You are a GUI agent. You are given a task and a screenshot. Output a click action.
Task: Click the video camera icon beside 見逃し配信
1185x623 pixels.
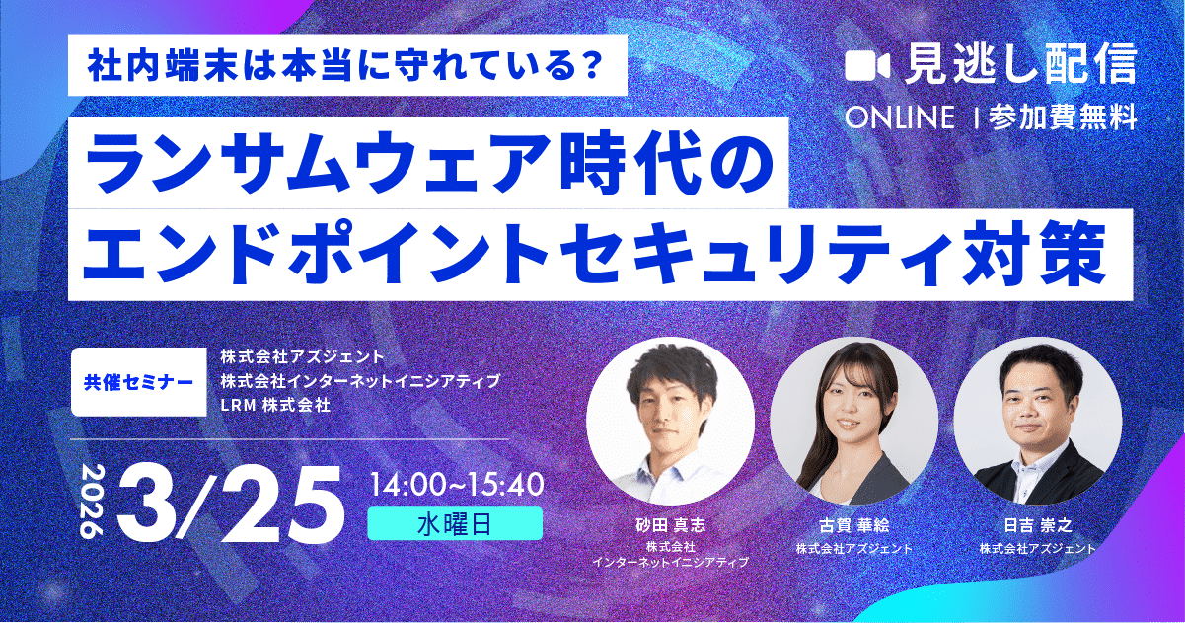pos(868,65)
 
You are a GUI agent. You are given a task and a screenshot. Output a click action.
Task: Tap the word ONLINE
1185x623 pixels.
pos(900,117)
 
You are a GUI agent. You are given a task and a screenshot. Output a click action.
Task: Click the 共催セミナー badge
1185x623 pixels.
pos(133,380)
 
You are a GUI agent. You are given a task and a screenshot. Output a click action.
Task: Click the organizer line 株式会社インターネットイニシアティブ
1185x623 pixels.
pos(360,380)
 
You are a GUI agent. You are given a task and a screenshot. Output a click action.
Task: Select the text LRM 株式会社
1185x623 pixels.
pos(274,405)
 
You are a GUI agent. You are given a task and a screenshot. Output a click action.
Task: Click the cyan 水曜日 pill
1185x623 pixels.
pos(455,524)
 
